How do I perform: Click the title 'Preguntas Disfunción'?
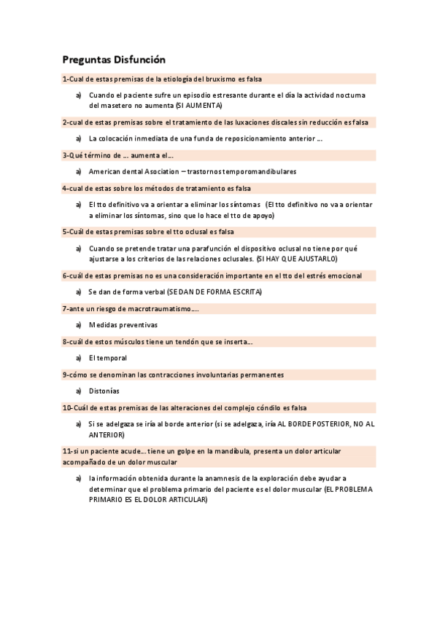[x=114, y=60]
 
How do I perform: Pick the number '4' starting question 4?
[x=65, y=188]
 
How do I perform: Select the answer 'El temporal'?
[x=108, y=358]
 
